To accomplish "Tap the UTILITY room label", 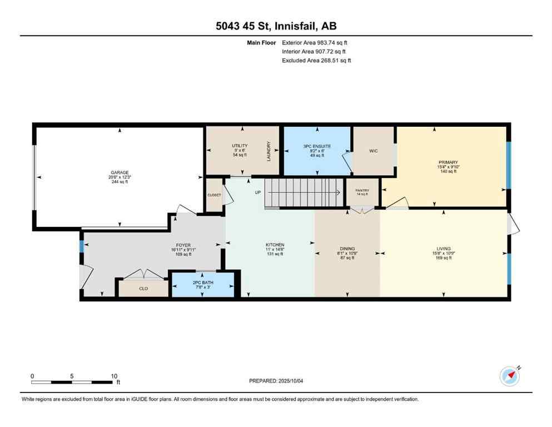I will [240, 146].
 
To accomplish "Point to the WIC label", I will [374, 151].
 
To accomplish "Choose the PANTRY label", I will [362, 190].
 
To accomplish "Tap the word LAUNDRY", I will [268, 151].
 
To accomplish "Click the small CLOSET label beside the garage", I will [214, 195].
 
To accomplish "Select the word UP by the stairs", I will [258, 192].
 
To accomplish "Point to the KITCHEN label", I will [275, 245].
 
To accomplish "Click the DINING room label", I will [347, 249].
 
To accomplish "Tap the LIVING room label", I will [444, 249].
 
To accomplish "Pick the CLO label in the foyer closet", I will [143, 289].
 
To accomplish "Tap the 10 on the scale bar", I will [113, 376].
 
